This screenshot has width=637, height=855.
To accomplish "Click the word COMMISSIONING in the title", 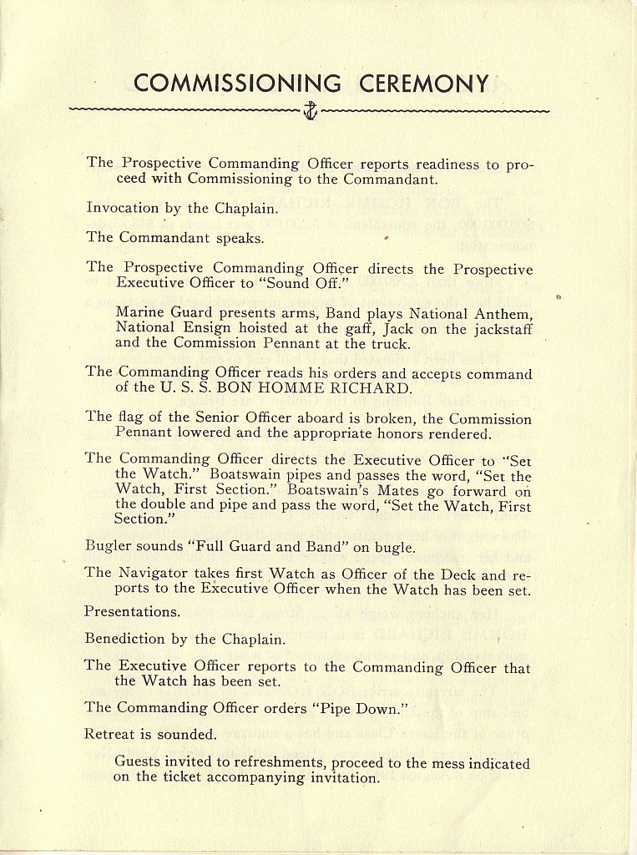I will [237, 83].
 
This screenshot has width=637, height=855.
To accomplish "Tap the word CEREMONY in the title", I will [424, 83].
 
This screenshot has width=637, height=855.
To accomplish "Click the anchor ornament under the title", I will [310, 110].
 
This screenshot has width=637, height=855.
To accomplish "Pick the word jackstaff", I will [498, 328].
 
